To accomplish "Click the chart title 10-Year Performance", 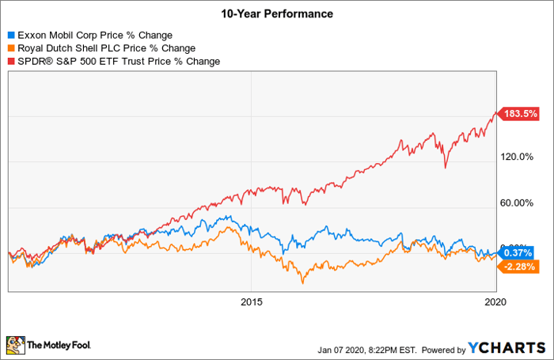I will (x=277, y=13).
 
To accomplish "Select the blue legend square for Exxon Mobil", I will (x=10, y=36).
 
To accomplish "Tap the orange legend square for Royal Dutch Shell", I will (x=10, y=48).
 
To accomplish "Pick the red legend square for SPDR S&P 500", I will (x=10, y=61).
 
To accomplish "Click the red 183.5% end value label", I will (x=520, y=114).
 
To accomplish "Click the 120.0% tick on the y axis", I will (x=519, y=156).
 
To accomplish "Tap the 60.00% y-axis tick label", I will (x=519, y=203).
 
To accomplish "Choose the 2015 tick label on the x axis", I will (x=252, y=302).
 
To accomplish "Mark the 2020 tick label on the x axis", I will (x=495, y=302).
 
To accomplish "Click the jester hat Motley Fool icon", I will (x=15, y=345).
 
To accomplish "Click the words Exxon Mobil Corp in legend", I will (x=56, y=36).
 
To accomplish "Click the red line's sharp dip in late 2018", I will (x=446, y=167).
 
